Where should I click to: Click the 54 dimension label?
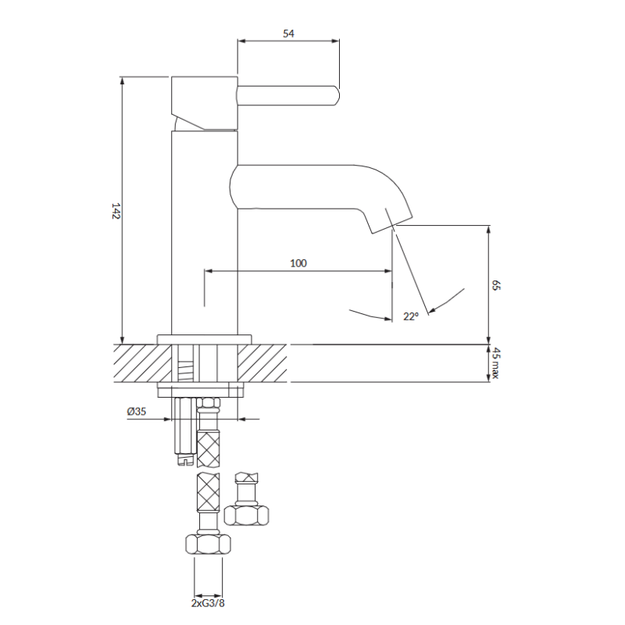(288, 34)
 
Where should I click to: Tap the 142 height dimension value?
(116, 211)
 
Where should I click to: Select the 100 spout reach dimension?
(298, 263)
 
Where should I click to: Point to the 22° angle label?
(411, 316)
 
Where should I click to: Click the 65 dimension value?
(495, 285)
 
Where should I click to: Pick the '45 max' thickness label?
(495, 363)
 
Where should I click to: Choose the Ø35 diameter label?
(137, 411)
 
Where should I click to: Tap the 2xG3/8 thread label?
(208, 603)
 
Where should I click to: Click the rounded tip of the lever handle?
(337, 95)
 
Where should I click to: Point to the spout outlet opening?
(393, 225)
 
